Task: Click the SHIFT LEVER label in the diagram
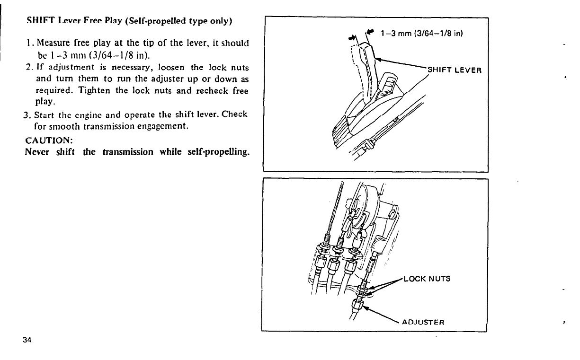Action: (455, 70)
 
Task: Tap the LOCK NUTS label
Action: (426, 279)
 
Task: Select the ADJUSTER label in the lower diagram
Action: (422, 323)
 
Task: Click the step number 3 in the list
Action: (27, 116)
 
